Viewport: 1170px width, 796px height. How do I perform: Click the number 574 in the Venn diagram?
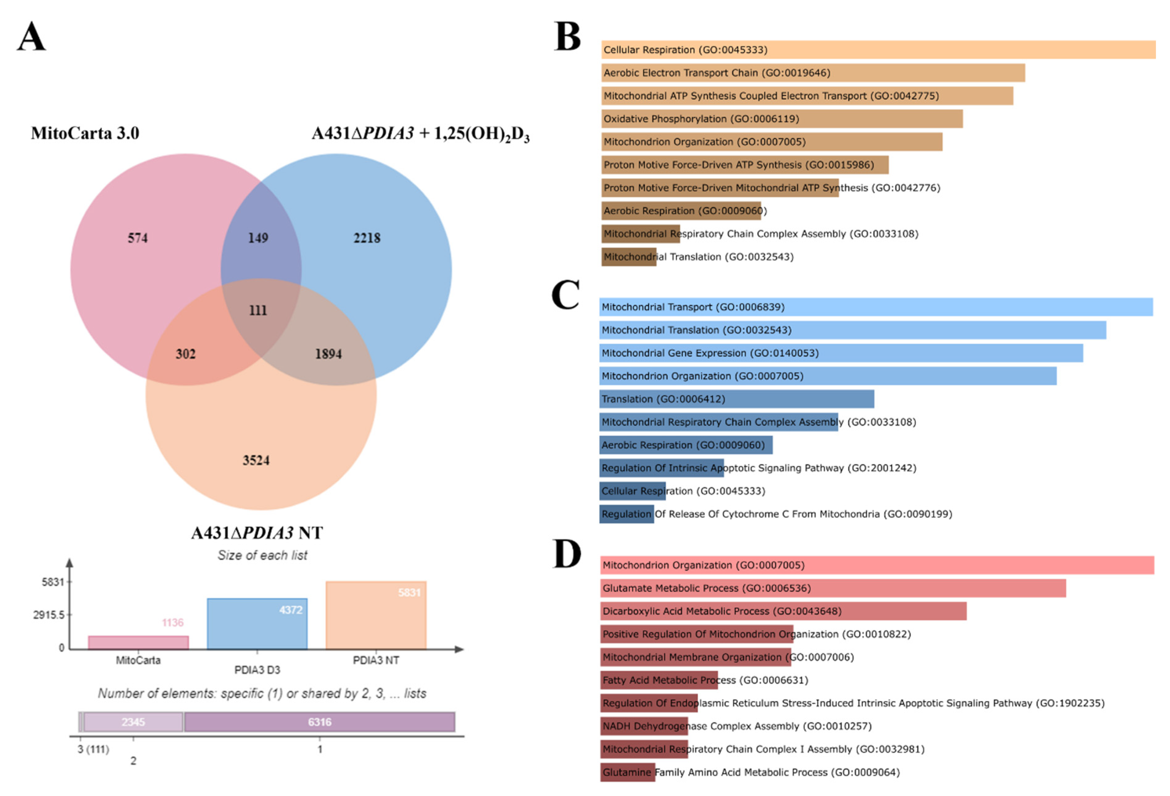(137, 238)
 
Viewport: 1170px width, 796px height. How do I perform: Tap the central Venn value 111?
(258, 310)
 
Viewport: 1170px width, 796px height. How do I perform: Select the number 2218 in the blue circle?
(367, 238)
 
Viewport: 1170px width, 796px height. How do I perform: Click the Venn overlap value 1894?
(328, 354)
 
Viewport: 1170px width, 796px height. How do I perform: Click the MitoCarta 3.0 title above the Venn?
(85, 133)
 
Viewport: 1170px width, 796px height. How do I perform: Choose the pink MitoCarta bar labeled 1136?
(138, 643)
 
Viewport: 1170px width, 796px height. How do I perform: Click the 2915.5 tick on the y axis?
(49, 615)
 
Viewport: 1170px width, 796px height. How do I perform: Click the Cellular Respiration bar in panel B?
(878, 50)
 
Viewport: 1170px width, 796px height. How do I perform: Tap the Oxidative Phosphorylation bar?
(781, 119)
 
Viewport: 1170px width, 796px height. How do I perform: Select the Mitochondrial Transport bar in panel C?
(876, 307)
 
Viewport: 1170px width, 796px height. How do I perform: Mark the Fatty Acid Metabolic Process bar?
(659, 680)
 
